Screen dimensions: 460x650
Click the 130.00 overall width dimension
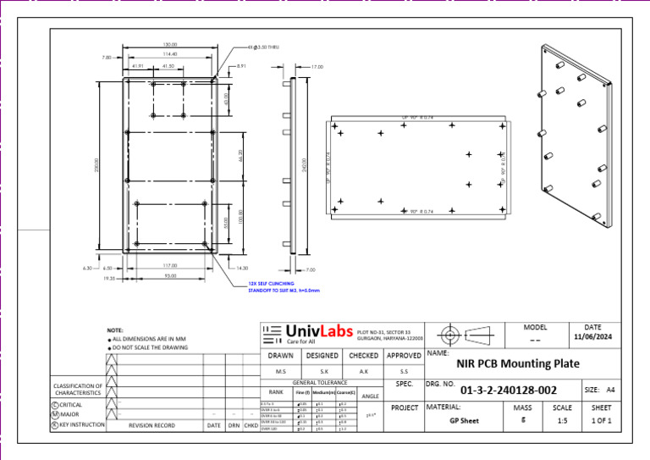pyautogui.click(x=170, y=44)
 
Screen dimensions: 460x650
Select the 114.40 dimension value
pyautogui.click(x=169, y=54)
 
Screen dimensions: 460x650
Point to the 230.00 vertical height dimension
pyautogui.click(x=96, y=163)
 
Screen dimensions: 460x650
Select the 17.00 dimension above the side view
pyautogui.click(x=317, y=66)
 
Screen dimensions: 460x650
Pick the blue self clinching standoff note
pyautogui.click(x=284, y=287)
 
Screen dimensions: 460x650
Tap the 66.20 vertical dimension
pyautogui.click(x=240, y=156)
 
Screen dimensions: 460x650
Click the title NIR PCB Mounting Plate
pyautogui.click(x=518, y=363)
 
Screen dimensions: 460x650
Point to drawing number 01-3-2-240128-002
pyautogui.click(x=508, y=391)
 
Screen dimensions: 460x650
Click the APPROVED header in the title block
pyautogui.click(x=405, y=356)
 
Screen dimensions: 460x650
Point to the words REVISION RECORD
pyautogui.click(x=151, y=425)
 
